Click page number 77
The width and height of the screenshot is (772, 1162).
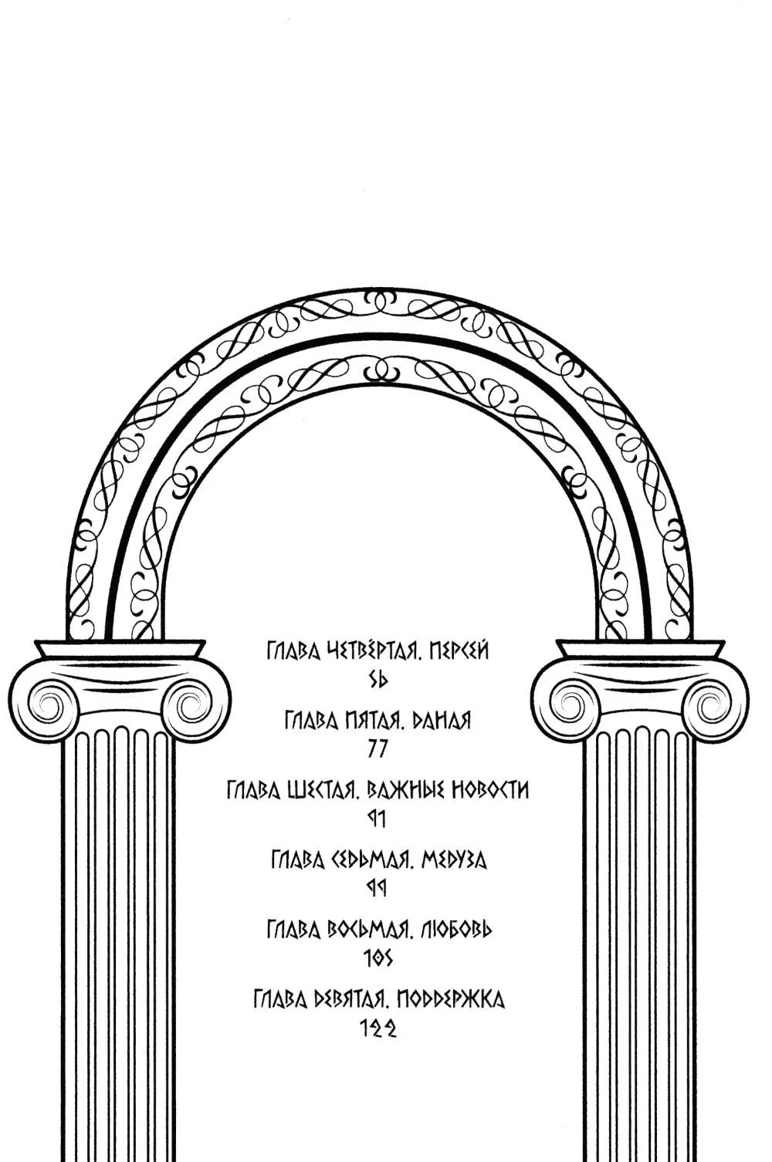click(378, 749)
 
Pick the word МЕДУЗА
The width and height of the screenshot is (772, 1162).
click(453, 861)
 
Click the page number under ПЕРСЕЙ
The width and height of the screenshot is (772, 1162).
click(378, 679)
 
